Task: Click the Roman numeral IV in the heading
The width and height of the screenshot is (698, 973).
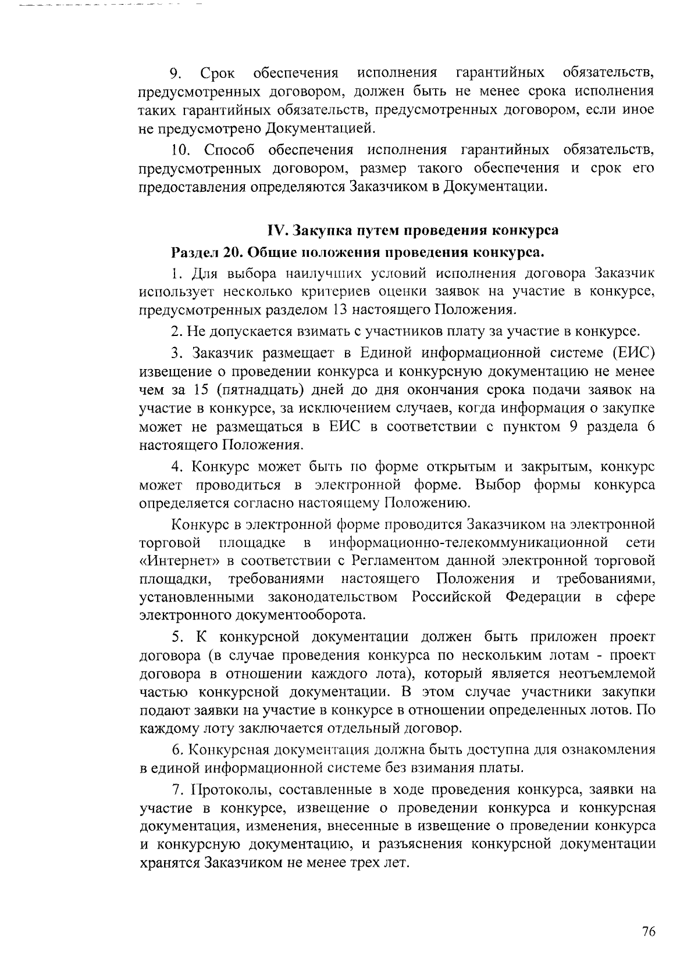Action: [x=275, y=230]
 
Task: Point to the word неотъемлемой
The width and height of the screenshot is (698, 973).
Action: [x=607, y=674]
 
